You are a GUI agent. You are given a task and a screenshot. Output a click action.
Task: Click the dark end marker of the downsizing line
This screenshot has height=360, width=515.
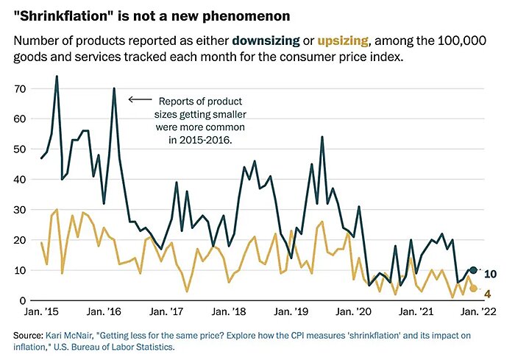point(474,271)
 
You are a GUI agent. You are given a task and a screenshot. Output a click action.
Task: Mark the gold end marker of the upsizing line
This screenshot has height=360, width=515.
point(474,289)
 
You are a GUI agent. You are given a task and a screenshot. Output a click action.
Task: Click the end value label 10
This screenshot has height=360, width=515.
point(490,274)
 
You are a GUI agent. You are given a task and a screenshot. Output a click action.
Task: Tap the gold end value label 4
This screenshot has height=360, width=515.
point(487,294)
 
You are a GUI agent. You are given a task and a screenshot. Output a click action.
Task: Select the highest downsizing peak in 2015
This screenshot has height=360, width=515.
point(57,77)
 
